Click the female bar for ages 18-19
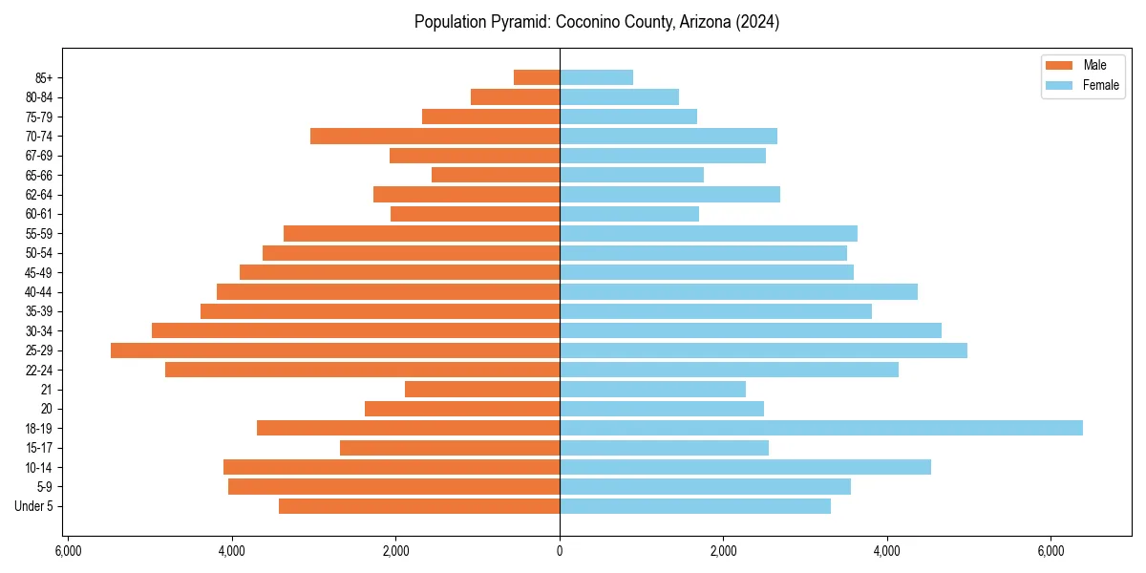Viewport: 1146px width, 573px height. (821, 428)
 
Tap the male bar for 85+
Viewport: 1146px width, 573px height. (537, 77)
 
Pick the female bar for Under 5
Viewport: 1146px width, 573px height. (695, 506)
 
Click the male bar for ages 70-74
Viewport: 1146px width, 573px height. (435, 136)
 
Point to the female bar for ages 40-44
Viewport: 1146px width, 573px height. (738, 291)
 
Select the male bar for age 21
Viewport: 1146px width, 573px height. (482, 389)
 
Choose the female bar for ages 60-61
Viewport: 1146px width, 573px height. (629, 214)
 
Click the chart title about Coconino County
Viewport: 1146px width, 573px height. (597, 22)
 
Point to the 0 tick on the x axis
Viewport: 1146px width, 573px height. (560, 551)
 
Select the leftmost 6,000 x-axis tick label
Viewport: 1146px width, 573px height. (68, 551)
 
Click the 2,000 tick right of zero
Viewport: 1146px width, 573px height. (723, 551)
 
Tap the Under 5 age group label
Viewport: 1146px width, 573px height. (34, 506)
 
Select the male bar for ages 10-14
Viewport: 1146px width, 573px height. (392, 467)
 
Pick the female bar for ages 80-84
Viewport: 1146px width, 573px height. (619, 96)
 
